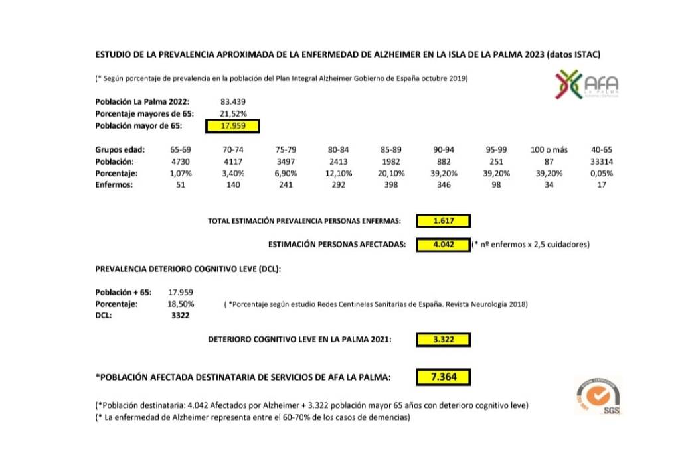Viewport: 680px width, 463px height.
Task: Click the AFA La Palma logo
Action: [x=587, y=86]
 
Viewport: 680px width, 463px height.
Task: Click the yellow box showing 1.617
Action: [x=444, y=221]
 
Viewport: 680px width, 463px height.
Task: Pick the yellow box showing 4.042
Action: [x=443, y=245]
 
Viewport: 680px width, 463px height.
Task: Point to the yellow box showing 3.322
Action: [x=443, y=340]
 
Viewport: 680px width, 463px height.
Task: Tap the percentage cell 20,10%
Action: [x=392, y=174]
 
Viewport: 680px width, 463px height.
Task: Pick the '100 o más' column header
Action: [x=549, y=150]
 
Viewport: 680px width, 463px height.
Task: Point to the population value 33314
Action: [x=601, y=162]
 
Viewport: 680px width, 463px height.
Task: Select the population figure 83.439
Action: [x=232, y=101]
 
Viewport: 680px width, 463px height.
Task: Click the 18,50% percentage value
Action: [x=181, y=304]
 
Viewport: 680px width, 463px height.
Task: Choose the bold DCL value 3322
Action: [x=180, y=316]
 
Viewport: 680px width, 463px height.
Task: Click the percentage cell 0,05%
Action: [x=601, y=174]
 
